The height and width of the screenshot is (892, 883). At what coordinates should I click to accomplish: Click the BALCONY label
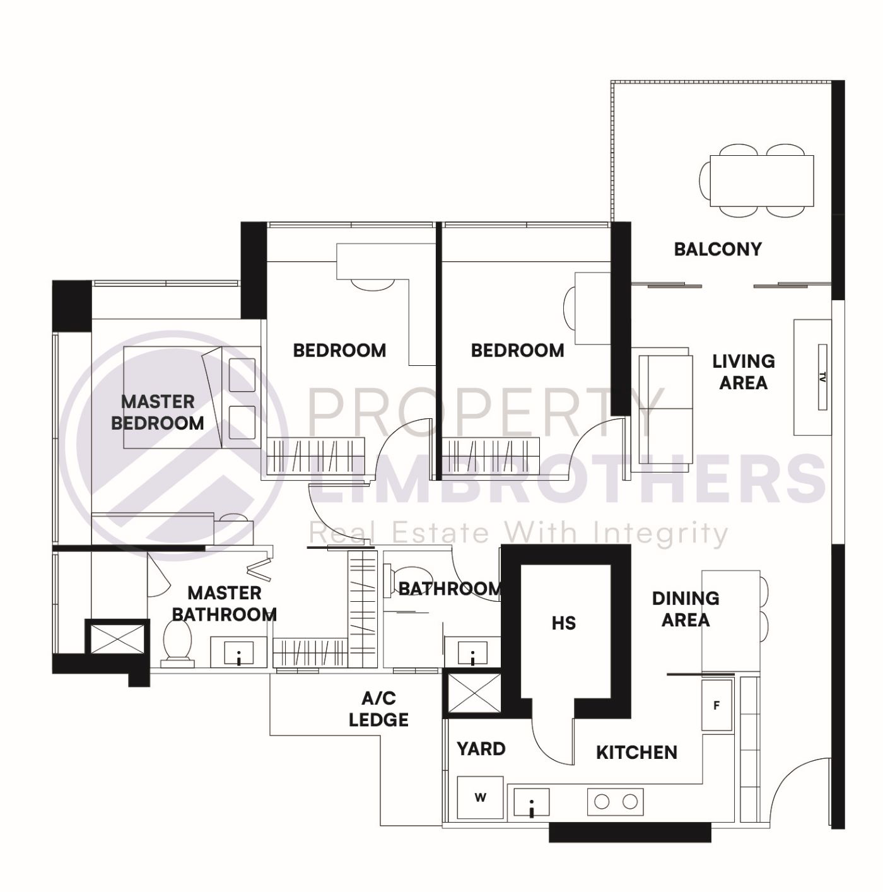point(718,249)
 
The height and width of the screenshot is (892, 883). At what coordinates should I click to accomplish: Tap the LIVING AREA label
point(744,372)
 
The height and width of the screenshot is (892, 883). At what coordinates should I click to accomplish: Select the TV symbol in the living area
point(822,377)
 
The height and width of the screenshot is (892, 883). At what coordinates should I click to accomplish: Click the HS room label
point(564,623)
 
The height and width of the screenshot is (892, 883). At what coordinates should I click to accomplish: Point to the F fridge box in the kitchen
point(716,705)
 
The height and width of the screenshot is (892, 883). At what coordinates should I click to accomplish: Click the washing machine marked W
point(480,798)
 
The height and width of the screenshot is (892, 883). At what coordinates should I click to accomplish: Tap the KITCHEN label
point(636,752)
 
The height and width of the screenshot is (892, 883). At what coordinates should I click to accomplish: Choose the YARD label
point(481,749)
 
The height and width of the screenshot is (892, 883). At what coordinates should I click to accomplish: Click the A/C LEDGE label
point(378,709)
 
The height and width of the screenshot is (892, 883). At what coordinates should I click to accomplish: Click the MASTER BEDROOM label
point(158,412)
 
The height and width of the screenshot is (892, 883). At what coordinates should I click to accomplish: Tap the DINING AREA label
point(686,609)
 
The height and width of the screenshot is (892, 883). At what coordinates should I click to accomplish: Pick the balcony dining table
point(761,180)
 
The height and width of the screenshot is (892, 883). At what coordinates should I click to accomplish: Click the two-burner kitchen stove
point(616,802)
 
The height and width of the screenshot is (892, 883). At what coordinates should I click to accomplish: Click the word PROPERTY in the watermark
point(486,410)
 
